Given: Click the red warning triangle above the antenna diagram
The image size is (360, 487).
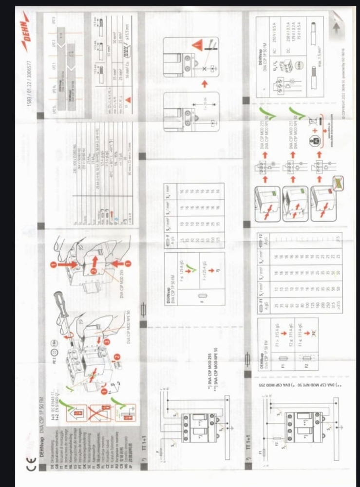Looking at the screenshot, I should [x=197, y=46].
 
